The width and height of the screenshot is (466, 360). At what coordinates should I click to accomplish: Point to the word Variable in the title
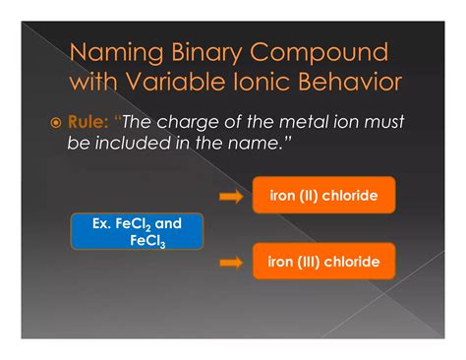click(x=185, y=83)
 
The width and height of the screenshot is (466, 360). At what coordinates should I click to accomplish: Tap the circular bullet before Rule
click(x=56, y=124)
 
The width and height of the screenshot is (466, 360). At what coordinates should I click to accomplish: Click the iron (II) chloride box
click(x=323, y=196)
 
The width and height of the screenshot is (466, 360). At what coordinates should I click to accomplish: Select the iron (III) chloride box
click(x=323, y=262)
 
